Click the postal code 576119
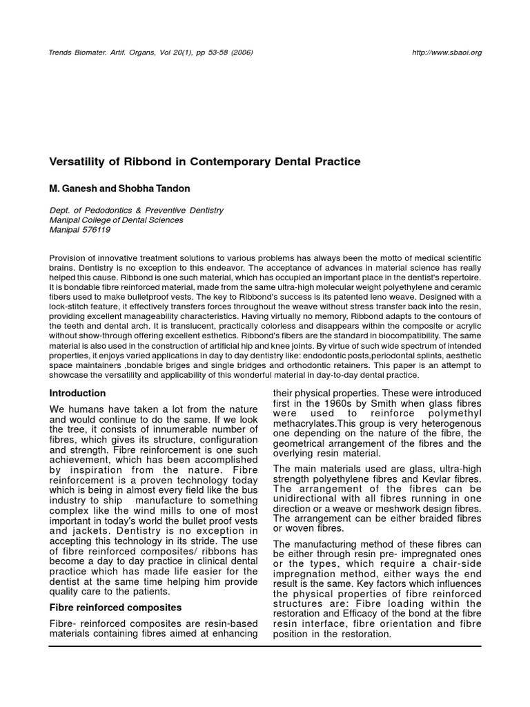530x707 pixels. point(97,230)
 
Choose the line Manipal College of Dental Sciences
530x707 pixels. point(117,220)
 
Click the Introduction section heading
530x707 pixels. point(78,394)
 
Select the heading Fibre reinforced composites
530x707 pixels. point(115,608)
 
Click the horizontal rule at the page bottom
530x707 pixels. point(265,646)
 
